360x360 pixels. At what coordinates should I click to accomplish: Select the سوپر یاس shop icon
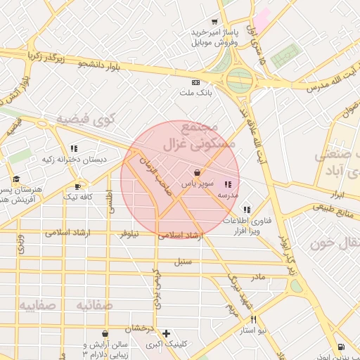(198, 172)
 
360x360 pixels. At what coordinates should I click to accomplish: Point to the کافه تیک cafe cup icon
(77, 187)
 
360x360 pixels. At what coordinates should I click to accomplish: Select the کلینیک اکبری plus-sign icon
(166, 333)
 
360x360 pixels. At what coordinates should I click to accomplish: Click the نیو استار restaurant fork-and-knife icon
(253, 319)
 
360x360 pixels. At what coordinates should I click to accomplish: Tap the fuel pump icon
(341, 347)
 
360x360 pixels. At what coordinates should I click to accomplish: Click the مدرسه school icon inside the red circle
(227, 185)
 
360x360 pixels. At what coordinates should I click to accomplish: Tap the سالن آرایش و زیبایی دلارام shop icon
(105, 334)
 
